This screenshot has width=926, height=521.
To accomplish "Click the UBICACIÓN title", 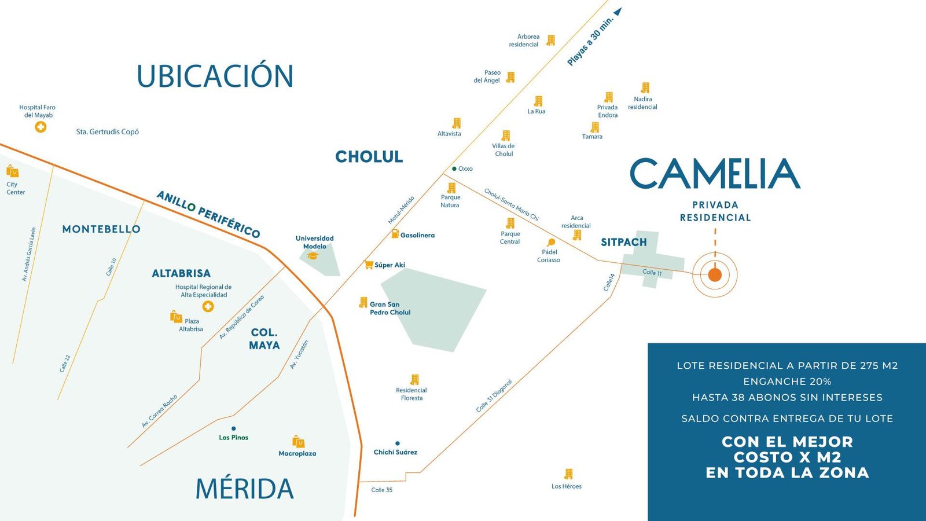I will pyautogui.click(x=215, y=76).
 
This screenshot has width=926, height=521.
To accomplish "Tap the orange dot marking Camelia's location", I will pyautogui.click(x=715, y=274).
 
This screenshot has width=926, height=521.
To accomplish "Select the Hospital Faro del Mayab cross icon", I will pyautogui.click(x=41, y=127).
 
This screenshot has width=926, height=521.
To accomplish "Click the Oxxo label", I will pyautogui.click(x=465, y=169).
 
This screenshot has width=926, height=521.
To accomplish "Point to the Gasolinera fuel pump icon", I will pyautogui.click(x=395, y=234).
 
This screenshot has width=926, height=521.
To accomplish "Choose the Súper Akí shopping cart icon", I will pyautogui.click(x=369, y=265).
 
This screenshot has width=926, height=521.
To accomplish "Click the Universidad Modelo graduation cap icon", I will pyautogui.click(x=313, y=255).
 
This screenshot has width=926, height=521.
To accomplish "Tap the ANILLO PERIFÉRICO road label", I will pyautogui.click(x=208, y=214).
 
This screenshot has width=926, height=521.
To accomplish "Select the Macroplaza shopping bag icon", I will pyautogui.click(x=298, y=442).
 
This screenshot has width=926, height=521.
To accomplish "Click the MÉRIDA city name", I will pyautogui.click(x=244, y=489).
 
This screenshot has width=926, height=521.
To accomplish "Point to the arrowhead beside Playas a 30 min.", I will pyautogui.click(x=618, y=11).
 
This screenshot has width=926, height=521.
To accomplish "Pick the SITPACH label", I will pyautogui.click(x=623, y=243).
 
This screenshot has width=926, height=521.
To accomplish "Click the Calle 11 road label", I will pyautogui.click(x=652, y=273).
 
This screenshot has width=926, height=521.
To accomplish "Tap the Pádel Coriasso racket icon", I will pyautogui.click(x=551, y=243).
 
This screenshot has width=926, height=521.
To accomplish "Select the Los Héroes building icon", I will pyautogui.click(x=568, y=474).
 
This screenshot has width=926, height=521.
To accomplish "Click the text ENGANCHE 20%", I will pyautogui.click(x=787, y=381).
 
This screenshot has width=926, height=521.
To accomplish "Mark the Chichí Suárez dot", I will pyautogui.click(x=397, y=443).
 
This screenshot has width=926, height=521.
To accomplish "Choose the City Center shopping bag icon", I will pyautogui.click(x=12, y=171).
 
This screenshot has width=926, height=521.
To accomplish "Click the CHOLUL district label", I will pyautogui.click(x=369, y=157).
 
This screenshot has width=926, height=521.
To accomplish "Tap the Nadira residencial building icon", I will pyautogui.click(x=645, y=88).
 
